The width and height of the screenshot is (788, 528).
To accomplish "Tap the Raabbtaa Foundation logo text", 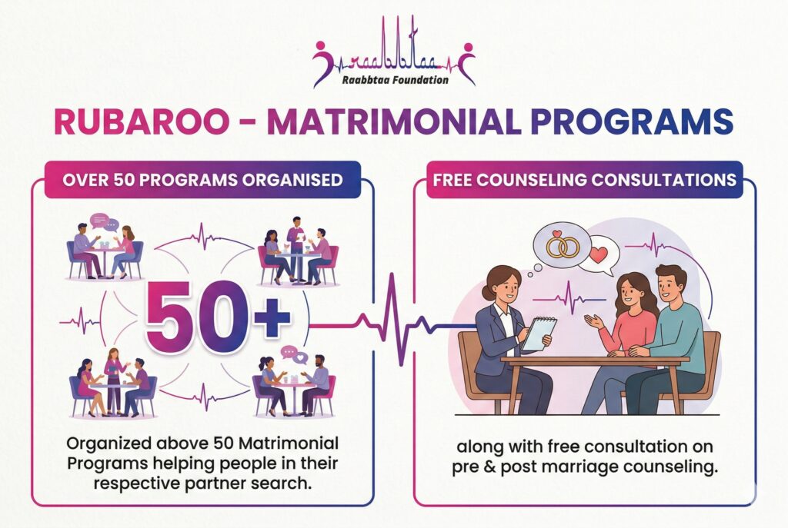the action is click(395, 79).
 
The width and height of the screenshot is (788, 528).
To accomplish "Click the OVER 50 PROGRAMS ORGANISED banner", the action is click(202, 179).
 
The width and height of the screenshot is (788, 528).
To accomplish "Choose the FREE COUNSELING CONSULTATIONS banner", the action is click(585, 179).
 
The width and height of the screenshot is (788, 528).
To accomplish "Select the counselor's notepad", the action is click(539, 333).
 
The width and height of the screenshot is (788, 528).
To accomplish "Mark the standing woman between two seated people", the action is click(114, 380).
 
